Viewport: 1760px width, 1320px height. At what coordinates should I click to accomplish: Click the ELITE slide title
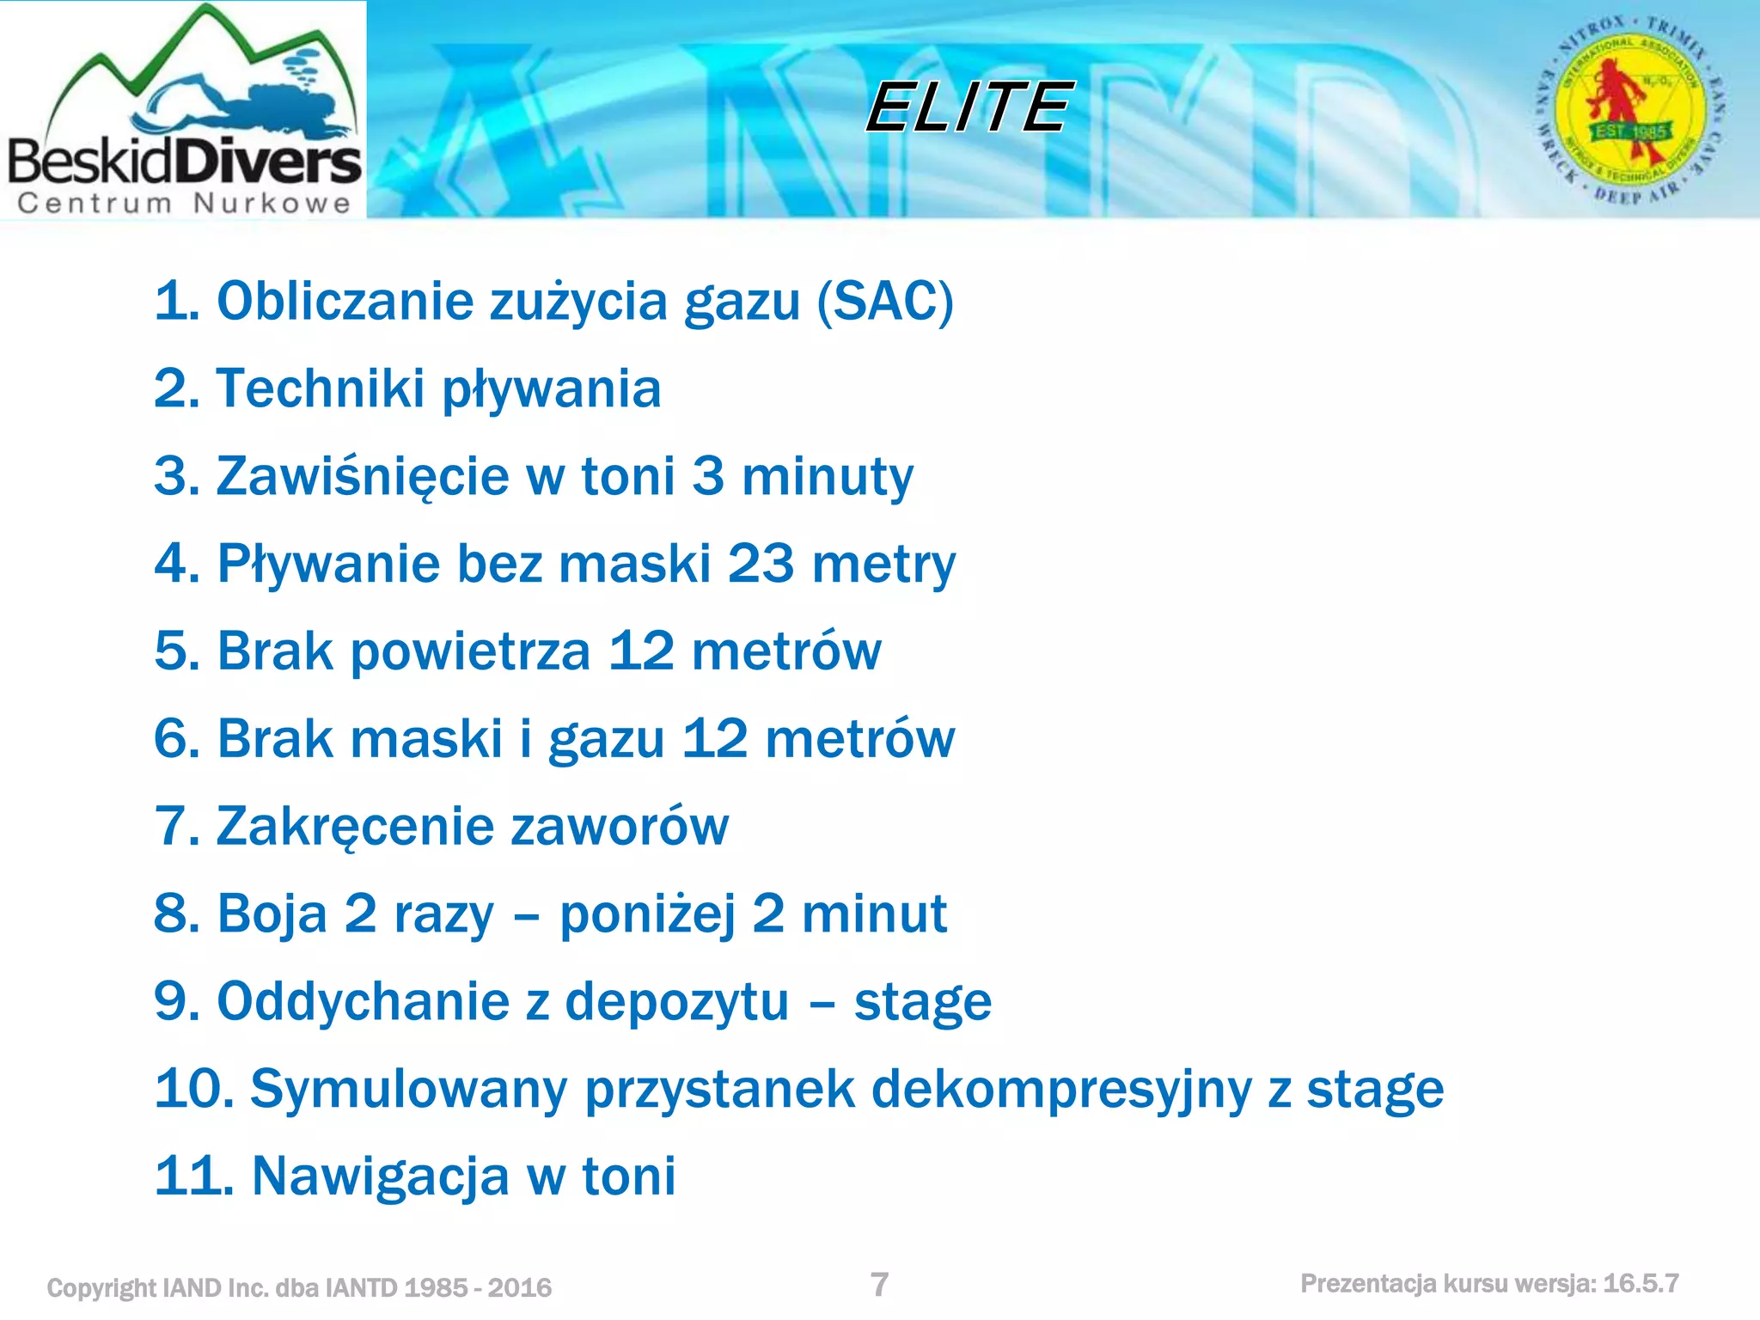(969, 107)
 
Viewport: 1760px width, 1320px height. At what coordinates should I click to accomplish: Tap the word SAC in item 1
(885, 302)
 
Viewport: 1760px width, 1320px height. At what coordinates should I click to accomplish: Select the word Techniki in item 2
(320, 388)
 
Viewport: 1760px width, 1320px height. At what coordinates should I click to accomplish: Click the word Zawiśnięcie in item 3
(362, 477)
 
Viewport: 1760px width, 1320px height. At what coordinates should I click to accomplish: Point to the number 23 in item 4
(760, 564)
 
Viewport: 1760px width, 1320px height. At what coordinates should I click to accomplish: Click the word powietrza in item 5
(470, 651)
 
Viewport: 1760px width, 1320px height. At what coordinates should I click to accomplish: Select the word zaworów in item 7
(620, 827)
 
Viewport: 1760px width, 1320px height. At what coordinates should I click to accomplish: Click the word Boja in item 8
(272, 914)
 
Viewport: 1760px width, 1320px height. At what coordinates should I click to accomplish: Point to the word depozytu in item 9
(676, 1001)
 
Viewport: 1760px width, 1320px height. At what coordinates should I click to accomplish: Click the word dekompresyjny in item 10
(1060, 1090)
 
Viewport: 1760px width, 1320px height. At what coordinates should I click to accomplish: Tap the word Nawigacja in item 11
(380, 1176)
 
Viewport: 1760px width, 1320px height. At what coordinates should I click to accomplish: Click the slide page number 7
(879, 1285)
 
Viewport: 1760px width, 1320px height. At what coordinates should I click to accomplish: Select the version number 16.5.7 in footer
(1641, 1284)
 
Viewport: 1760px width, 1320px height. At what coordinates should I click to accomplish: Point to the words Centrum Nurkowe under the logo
(184, 204)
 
